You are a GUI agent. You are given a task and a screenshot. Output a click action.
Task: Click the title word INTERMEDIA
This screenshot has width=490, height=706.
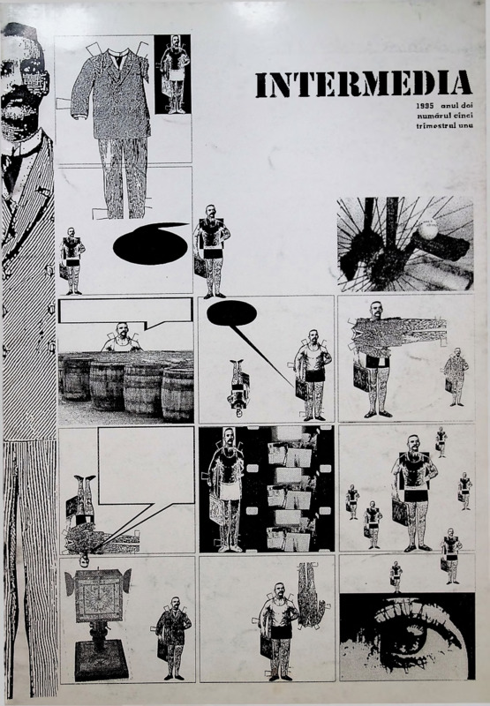[x=364, y=84]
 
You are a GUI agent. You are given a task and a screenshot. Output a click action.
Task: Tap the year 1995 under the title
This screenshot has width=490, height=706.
[x=425, y=107]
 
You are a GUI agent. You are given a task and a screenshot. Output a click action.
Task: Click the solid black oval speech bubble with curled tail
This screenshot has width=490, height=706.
[x=150, y=244]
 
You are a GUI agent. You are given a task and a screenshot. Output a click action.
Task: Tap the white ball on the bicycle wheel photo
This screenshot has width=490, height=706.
[x=427, y=229]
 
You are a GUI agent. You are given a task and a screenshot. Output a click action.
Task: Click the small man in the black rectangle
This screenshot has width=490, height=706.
[x=174, y=74]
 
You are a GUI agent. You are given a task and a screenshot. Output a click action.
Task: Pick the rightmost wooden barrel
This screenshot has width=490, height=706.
[x=177, y=394]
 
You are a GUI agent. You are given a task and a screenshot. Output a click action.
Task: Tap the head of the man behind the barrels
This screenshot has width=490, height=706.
[x=121, y=330]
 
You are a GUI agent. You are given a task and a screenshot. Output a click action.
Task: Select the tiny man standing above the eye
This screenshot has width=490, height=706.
[x=396, y=577]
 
